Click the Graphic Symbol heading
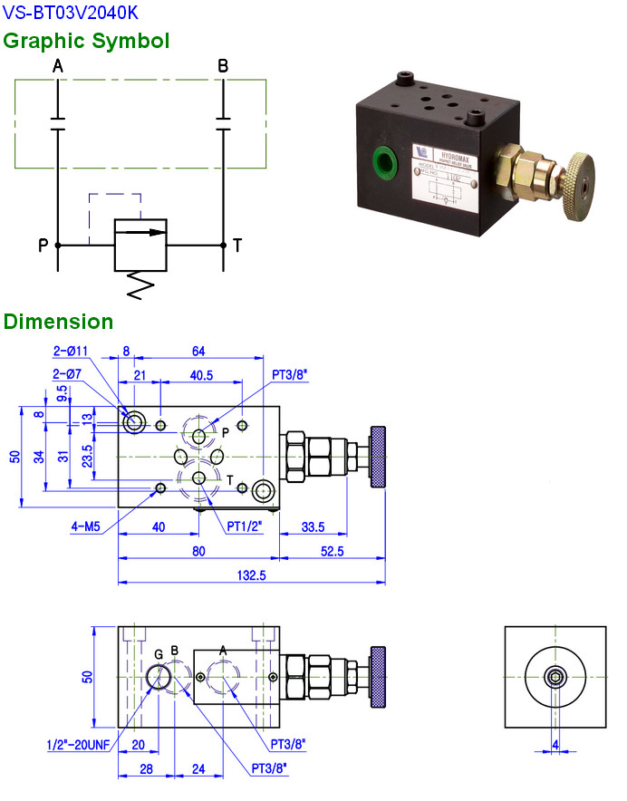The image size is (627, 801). coord(86,41)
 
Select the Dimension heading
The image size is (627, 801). coord(59,322)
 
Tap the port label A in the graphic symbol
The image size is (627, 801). coord(58,66)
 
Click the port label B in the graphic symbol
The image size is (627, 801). coord(223,66)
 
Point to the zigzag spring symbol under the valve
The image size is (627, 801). coord(140,285)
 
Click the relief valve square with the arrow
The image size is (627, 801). coord(140,244)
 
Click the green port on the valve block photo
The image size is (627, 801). coord(384,161)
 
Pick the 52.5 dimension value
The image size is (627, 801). coord(332,551)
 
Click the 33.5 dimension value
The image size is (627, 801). coord(313,526)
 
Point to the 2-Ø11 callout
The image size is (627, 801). coord(71,351)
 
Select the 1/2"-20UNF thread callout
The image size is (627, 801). coord(80,745)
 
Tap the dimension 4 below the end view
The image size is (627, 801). coord(555,745)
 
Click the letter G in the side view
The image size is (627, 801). coord(159,653)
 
